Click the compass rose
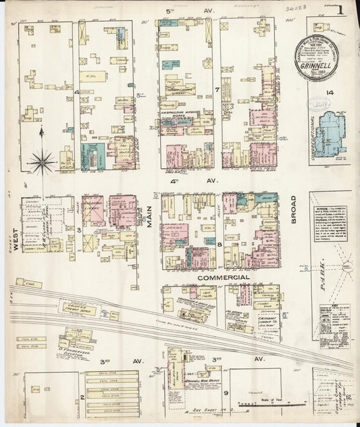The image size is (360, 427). coord(42,161)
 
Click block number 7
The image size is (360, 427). coord(216,89)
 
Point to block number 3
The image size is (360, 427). coord(79,231)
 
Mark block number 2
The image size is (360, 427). coord(81,397)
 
